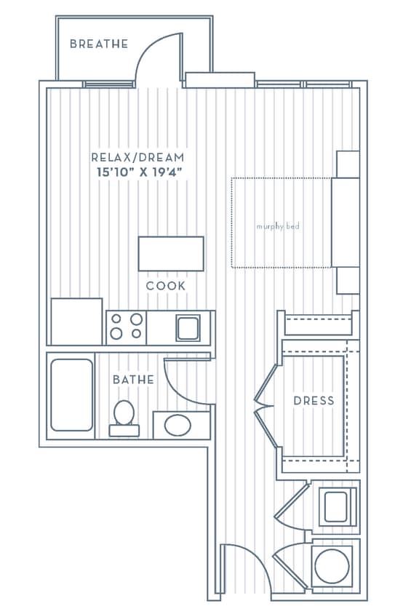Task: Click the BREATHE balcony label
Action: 99,44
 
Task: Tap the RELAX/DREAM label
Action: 137,157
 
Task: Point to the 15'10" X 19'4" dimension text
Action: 137,172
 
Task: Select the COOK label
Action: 166,286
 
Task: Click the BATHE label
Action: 133,380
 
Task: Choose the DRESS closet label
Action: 314,401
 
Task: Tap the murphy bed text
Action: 278,227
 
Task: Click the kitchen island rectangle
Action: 171,253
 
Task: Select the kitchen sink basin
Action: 188,328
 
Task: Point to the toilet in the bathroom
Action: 124,416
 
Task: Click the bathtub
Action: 71,395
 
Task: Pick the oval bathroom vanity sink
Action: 177,425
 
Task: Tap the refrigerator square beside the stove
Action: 76,321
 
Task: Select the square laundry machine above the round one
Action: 336,506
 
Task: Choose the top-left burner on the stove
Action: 116,319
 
